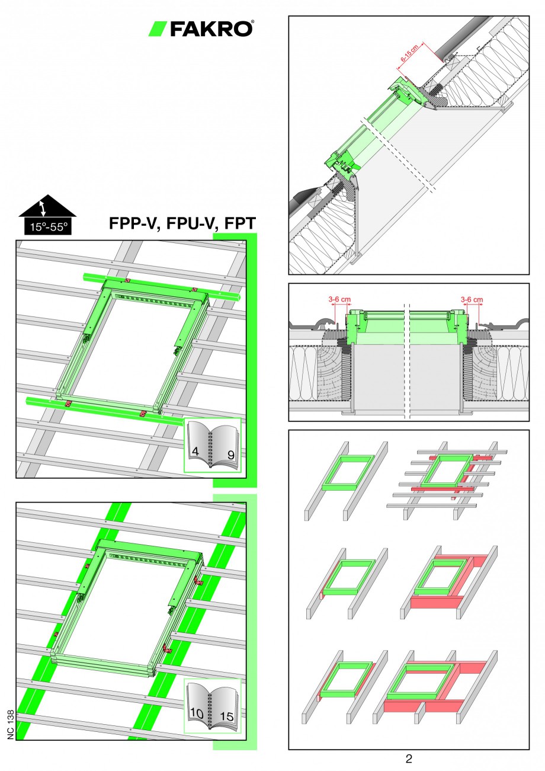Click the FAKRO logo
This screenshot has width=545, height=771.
click(201, 28)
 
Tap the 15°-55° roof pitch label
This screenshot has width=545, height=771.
click(47, 226)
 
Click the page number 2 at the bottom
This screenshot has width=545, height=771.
click(409, 759)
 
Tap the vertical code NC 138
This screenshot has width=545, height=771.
click(11, 724)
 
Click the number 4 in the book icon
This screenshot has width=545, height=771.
click(195, 451)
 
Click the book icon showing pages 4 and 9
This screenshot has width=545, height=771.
click(212, 445)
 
